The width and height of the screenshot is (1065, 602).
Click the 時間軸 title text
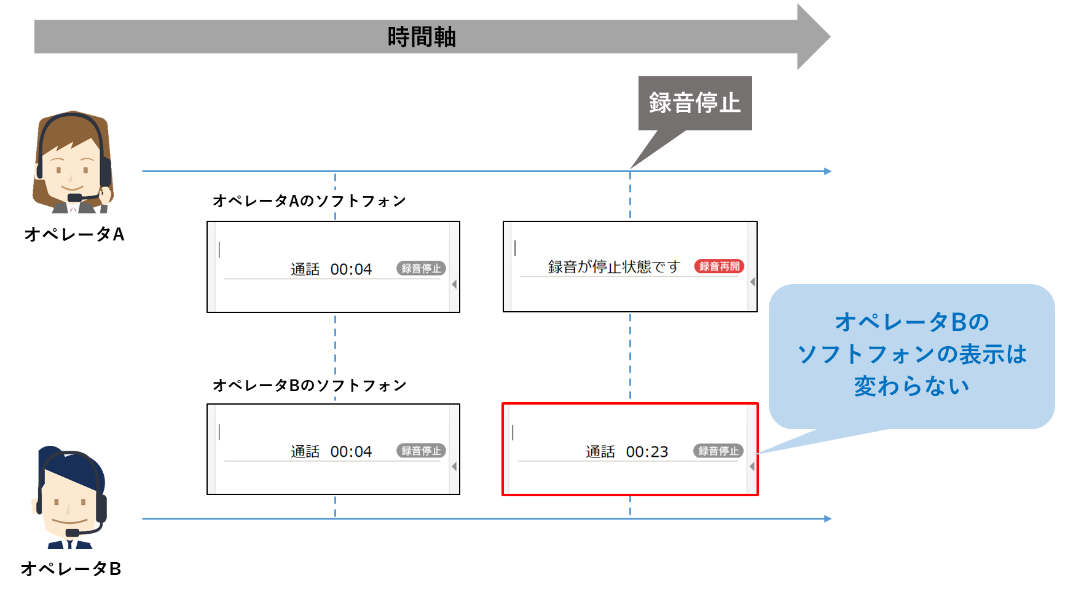(422, 37)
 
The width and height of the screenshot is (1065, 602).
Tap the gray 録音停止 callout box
(694, 103)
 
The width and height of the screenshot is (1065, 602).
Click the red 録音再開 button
(719, 266)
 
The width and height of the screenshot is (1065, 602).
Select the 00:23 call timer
(646, 452)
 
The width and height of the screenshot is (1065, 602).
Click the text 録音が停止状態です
(613, 267)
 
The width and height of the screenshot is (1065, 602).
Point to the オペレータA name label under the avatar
(74, 234)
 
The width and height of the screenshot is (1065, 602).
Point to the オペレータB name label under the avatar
(71, 569)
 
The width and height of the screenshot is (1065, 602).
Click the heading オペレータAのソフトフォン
(309, 201)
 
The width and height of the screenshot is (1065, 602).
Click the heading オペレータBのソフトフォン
(309, 386)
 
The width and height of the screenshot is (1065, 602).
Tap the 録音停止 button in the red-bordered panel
(718, 451)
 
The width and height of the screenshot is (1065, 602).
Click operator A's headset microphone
(75, 197)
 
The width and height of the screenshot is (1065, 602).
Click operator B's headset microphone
(73, 533)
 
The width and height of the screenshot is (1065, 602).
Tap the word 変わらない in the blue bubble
(911, 386)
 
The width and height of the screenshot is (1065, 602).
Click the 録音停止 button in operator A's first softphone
(421, 268)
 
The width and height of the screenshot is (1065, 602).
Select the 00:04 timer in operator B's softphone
(351, 452)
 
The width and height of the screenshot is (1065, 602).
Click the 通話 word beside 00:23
(600, 452)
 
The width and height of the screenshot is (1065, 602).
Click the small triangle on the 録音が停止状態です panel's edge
(752, 282)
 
